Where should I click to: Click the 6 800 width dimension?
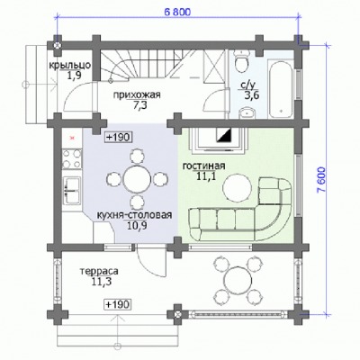(177, 12)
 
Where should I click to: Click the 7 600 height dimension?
(322, 179)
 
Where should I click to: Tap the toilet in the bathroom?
(242, 61)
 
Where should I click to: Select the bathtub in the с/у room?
(281, 90)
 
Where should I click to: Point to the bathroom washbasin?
(247, 113)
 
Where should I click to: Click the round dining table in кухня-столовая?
(137, 179)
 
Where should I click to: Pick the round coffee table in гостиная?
(237, 188)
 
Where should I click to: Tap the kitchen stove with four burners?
(72, 158)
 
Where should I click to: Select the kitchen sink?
(72, 190)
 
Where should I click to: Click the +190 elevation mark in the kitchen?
(119, 138)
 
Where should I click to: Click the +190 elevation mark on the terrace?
(118, 304)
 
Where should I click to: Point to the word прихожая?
(137, 95)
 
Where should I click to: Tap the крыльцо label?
(70, 66)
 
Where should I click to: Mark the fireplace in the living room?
(220, 139)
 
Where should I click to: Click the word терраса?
(99, 271)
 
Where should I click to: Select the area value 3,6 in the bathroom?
(251, 95)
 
